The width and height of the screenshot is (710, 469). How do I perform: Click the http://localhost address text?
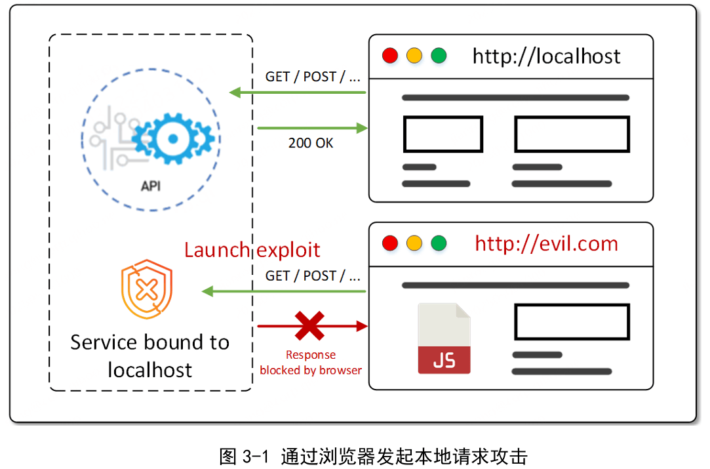point(546,56)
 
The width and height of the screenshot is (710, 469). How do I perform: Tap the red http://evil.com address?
point(546,244)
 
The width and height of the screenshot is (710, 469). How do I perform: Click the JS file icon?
point(444,338)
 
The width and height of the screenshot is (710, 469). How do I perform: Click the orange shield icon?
point(146,289)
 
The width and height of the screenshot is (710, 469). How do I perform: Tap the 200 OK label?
point(311,142)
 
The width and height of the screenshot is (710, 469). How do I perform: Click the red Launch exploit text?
point(252,250)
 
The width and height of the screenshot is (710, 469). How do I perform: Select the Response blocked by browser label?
point(311,363)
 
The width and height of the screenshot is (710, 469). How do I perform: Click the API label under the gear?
point(151,186)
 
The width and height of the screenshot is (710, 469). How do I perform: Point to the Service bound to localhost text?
point(150,356)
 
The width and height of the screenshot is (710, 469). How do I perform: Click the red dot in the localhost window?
point(390,56)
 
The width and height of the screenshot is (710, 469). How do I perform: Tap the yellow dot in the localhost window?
point(414,56)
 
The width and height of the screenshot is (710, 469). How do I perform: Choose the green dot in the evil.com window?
point(439,243)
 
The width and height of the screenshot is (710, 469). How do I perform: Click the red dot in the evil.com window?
point(390,243)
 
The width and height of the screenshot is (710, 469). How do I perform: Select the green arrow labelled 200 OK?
point(312,129)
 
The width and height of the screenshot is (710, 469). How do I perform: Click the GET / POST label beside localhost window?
point(313,77)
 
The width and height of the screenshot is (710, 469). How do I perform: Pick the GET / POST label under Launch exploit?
point(313,276)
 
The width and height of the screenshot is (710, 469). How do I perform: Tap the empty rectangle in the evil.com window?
point(572,322)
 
